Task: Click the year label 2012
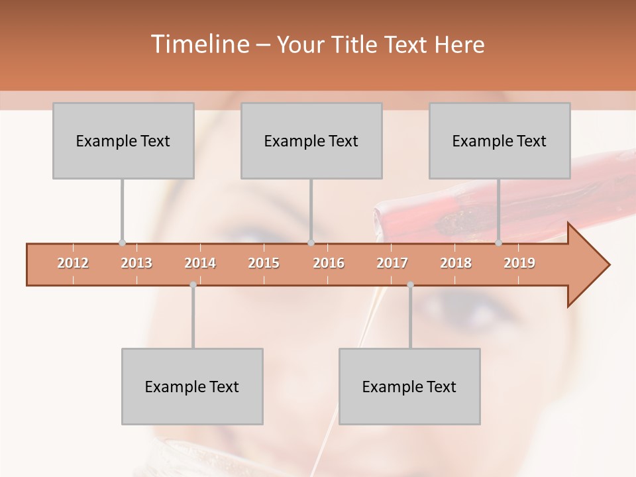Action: tap(73, 263)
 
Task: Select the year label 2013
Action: tap(136, 263)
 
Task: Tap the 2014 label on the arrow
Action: tap(200, 263)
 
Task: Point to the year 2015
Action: tap(264, 263)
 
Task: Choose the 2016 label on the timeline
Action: tap(329, 263)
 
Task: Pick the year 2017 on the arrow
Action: tap(392, 263)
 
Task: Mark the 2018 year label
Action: tap(456, 263)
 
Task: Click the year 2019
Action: tap(519, 263)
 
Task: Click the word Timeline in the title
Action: tap(199, 44)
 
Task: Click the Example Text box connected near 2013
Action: tap(123, 140)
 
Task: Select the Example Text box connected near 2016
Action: tap(311, 140)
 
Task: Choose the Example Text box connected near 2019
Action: tap(500, 140)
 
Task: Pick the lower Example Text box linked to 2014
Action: tap(192, 386)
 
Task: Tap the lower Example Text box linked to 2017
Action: tap(409, 386)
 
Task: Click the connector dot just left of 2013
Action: tap(122, 243)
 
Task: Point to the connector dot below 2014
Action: tap(193, 285)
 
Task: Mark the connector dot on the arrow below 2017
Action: tap(410, 285)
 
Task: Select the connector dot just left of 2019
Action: tap(498, 243)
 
